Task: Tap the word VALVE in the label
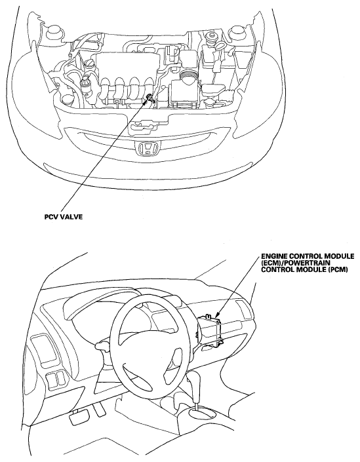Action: click(72, 217)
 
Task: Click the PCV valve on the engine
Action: click(150, 98)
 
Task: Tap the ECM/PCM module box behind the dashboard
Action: click(210, 330)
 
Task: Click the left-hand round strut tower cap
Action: click(54, 31)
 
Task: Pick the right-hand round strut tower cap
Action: click(239, 32)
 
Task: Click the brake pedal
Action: click(78, 417)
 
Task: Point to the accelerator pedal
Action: click(100, 409)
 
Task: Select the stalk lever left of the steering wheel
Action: click(101, 344)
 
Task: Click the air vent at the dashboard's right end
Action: click(243, 309)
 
